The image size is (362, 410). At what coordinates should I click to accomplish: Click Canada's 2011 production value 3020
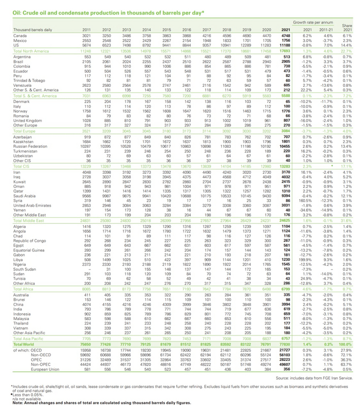(86, 36)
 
